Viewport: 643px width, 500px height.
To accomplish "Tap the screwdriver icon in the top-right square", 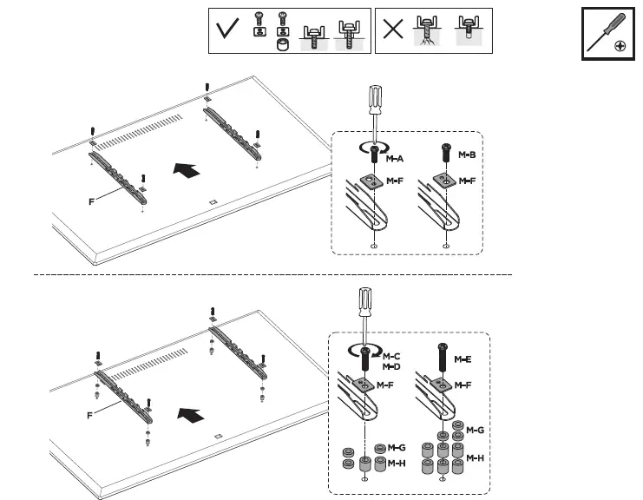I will click(604, 36).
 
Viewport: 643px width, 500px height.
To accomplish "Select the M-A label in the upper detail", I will click(394, 159).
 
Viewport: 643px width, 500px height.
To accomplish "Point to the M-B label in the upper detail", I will click(466, 155).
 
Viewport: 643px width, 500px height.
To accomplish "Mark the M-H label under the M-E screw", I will click(475, 457).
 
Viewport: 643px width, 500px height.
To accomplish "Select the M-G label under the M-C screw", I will click(397, 449).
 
